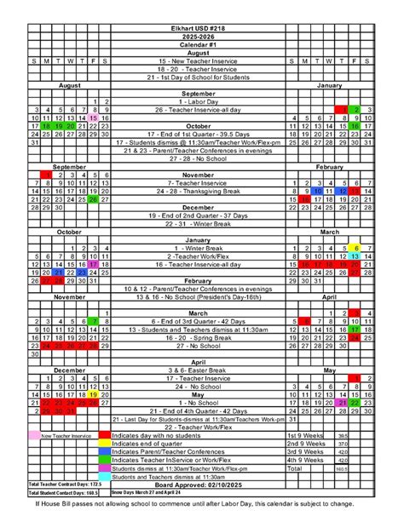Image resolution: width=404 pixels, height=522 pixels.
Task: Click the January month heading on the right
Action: (x=328, y=86)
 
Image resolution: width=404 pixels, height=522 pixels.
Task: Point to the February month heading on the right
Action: (x=328, y=167)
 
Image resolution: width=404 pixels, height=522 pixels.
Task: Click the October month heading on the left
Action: (x=70, y=232)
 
